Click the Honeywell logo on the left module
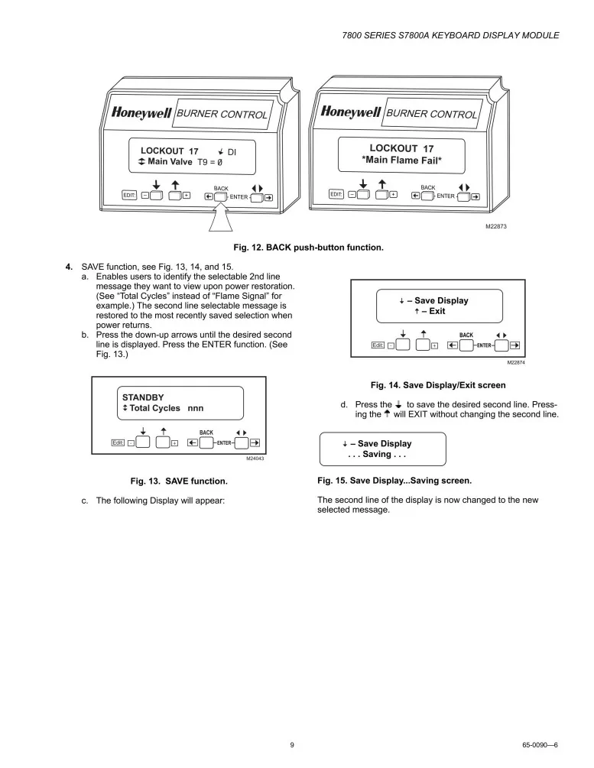point(142,112)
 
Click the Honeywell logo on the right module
point(351,112)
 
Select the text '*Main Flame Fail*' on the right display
point(401,160)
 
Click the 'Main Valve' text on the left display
point(170,162)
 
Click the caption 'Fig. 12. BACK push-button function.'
point(308,248)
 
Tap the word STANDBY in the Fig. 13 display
point(143,397)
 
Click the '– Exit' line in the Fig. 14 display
point(432,311)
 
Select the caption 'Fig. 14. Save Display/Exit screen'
point(438,385)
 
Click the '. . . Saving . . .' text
point(375,455)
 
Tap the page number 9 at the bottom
point(292,744)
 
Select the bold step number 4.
point(69,266)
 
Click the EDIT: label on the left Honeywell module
point(129,196)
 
